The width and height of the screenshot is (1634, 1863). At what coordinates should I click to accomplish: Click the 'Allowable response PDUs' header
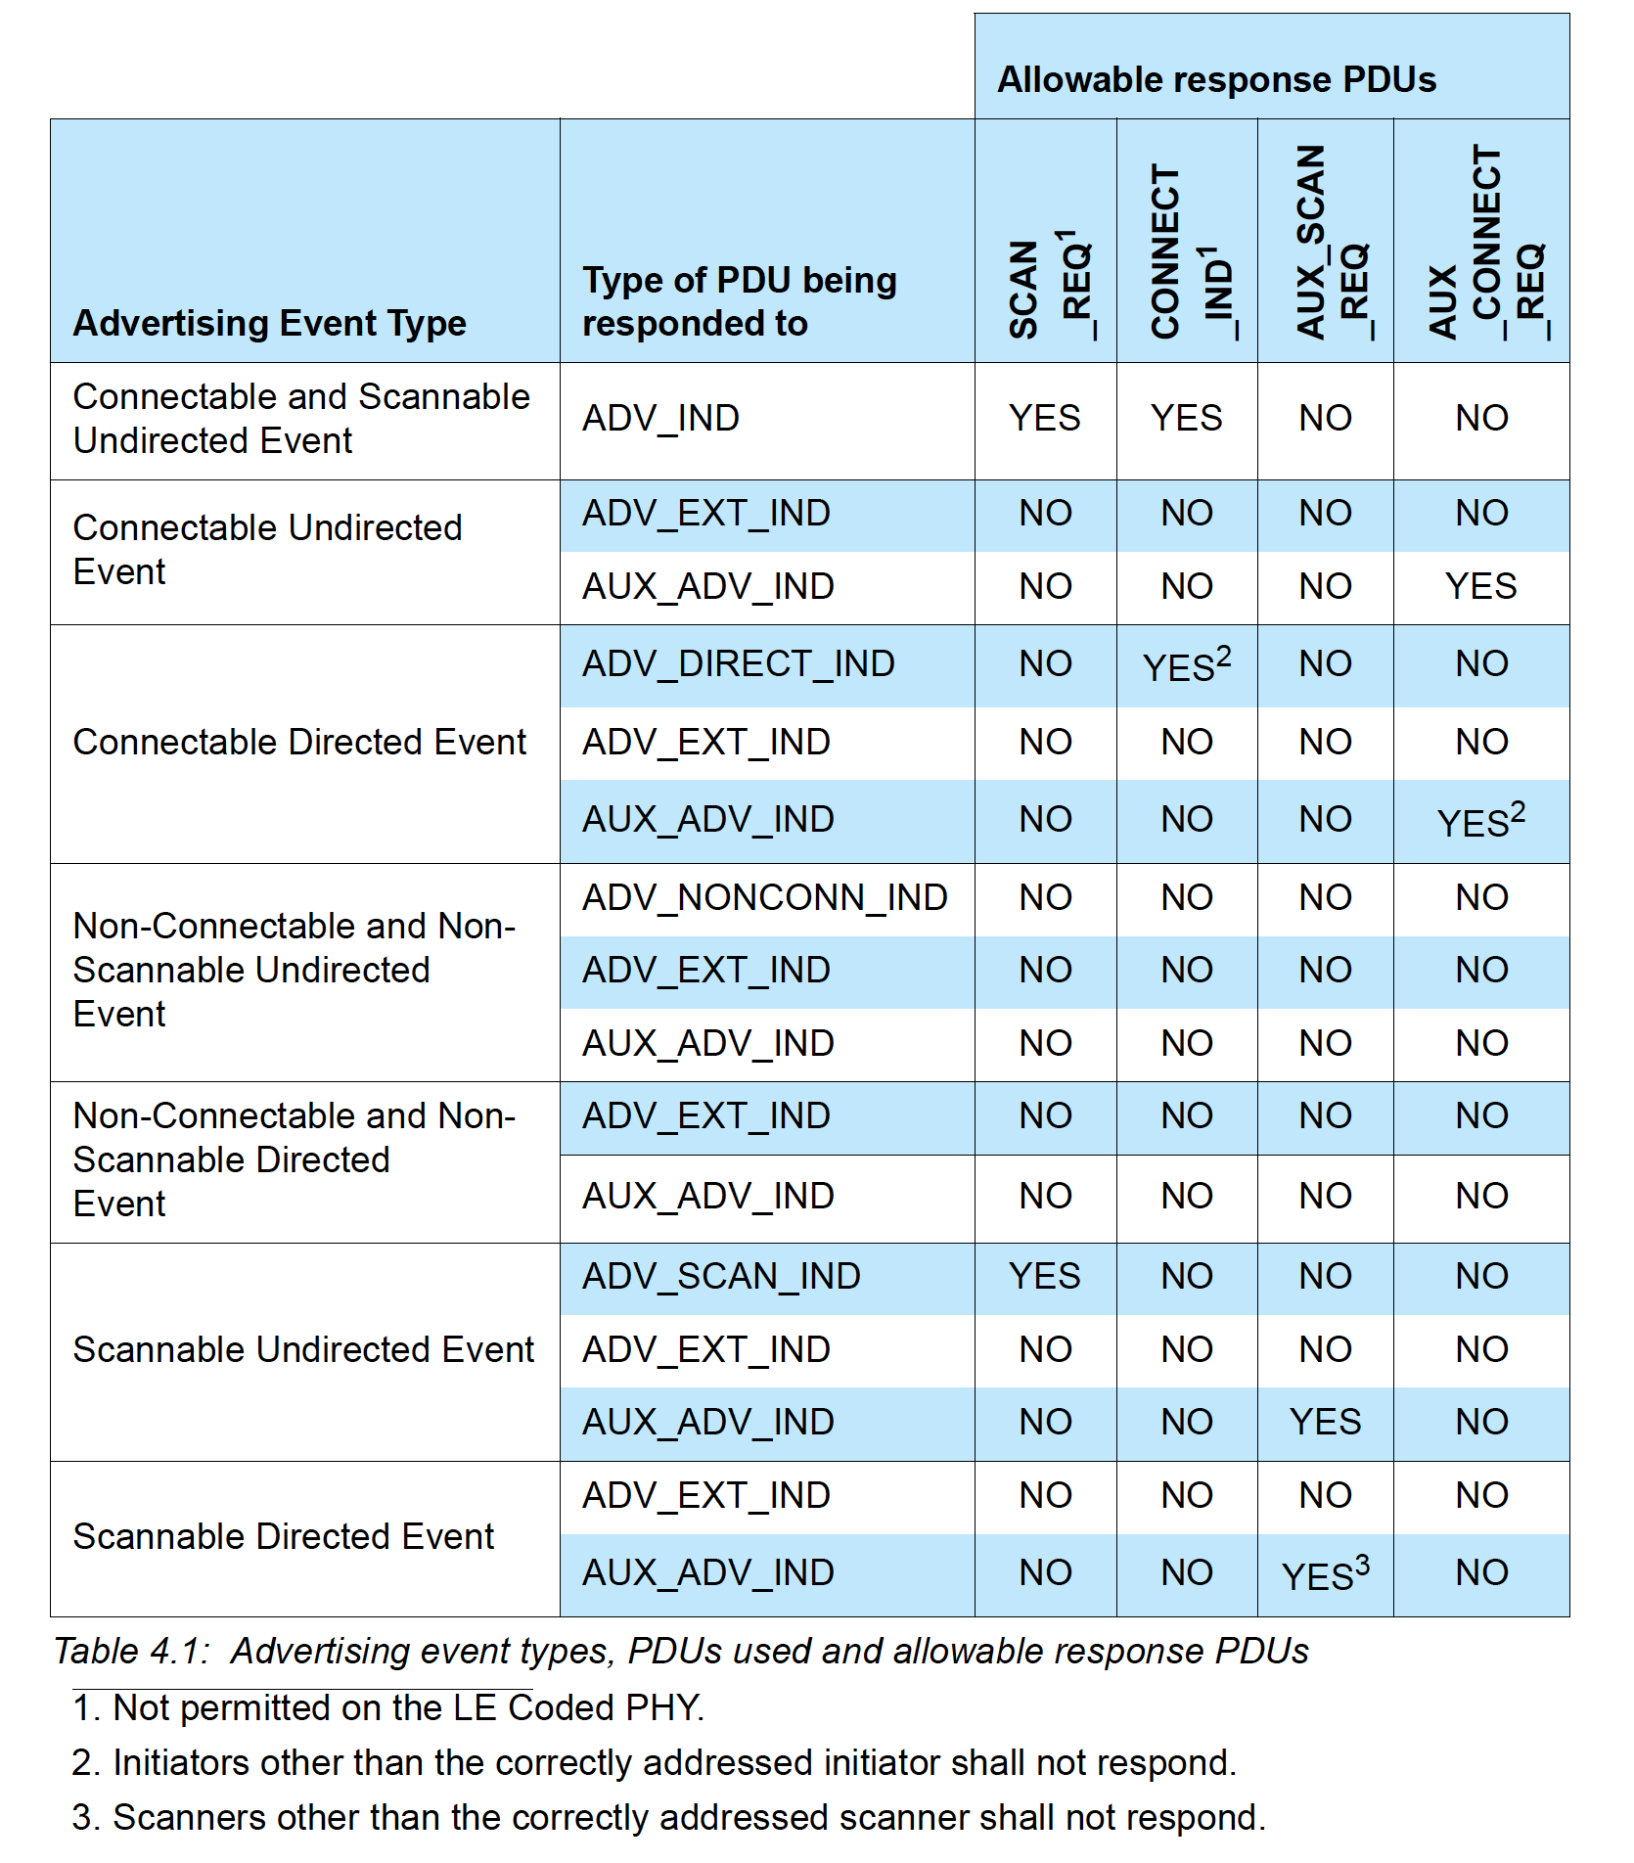coord(1216,79)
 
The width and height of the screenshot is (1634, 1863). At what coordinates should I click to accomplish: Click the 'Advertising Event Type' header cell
coord(270,323)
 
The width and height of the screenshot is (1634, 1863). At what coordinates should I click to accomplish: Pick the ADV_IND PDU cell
coord(661,419)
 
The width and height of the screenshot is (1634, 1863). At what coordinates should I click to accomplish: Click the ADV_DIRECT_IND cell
coord(739,664)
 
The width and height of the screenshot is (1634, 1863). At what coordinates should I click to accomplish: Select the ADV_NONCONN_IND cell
coord(765,898)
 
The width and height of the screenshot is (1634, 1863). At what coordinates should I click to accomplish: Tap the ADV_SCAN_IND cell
coord(721,1277)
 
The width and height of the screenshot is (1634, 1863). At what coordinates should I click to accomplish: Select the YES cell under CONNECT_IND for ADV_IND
coord(1187,419)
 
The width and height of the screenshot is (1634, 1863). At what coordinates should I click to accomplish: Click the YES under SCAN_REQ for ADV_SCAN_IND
coord(1045,1277)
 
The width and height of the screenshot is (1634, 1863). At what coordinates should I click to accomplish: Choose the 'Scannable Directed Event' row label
coord(284,1537)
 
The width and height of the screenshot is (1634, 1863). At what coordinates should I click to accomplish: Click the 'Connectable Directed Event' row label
coord(299,743)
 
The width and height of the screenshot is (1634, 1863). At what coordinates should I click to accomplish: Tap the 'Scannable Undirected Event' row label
coord(303,1350)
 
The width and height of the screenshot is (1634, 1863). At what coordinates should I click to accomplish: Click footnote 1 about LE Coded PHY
coord(388,1708)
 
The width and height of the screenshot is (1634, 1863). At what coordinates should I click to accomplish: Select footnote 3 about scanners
coord(668,1818)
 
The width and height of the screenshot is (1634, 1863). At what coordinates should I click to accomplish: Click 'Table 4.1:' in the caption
coord(131,1652)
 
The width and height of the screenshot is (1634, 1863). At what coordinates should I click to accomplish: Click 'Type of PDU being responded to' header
coord(740,301)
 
